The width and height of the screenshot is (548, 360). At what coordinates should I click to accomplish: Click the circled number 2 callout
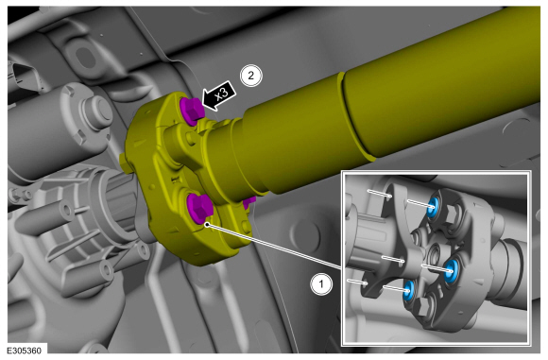250,76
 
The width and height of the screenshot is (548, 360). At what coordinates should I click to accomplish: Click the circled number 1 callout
321,284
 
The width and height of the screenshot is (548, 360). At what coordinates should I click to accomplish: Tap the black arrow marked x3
219,95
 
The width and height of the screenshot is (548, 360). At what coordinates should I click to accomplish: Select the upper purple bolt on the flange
191,111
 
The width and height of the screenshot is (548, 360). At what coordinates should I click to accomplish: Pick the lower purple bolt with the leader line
199,208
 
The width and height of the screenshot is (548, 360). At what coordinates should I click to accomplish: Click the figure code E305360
25,351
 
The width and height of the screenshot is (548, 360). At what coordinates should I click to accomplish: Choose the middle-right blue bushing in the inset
452,270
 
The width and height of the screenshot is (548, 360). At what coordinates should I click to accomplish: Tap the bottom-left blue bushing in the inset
408,291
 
